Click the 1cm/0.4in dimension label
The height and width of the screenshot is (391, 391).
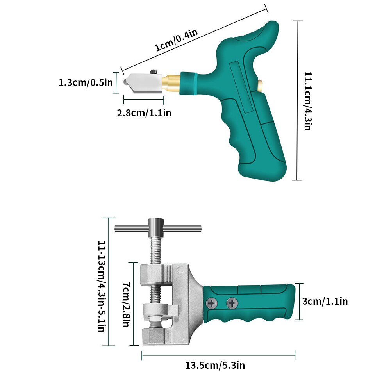[177, 41]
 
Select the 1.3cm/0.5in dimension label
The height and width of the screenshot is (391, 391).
[86, 82]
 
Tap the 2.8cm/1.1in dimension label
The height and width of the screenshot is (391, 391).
[144, 113]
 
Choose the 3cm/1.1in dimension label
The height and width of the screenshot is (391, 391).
[325, 301]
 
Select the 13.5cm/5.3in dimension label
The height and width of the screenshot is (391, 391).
[215, 366]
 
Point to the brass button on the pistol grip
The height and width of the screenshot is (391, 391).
[260, 84]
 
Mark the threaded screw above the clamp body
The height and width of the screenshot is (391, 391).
[155, 250]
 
